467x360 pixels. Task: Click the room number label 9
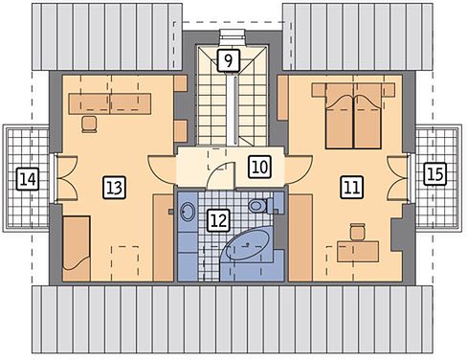[229, 60]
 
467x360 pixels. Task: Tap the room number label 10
[260, 167]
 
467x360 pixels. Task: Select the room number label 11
[352, 187]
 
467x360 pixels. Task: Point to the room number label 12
[219, 220]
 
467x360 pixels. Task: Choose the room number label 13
[115, 188]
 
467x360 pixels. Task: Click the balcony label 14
[28, 179]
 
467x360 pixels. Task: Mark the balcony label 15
[435, 174]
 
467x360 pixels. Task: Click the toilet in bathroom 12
[262, 206]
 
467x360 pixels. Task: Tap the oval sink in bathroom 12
[188, 211]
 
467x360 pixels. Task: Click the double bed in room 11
[353, 116]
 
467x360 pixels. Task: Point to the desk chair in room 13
[89, 124]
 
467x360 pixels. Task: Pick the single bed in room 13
[77, 248]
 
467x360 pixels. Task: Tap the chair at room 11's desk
[357, 232]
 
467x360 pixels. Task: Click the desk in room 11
[358, 251]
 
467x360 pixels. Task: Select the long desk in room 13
[110, 103]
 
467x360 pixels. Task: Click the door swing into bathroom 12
[221, 175]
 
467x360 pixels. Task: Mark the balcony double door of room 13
[67, 178]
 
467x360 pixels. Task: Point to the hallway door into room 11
[299, 169]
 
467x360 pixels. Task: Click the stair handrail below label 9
[235, 110]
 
